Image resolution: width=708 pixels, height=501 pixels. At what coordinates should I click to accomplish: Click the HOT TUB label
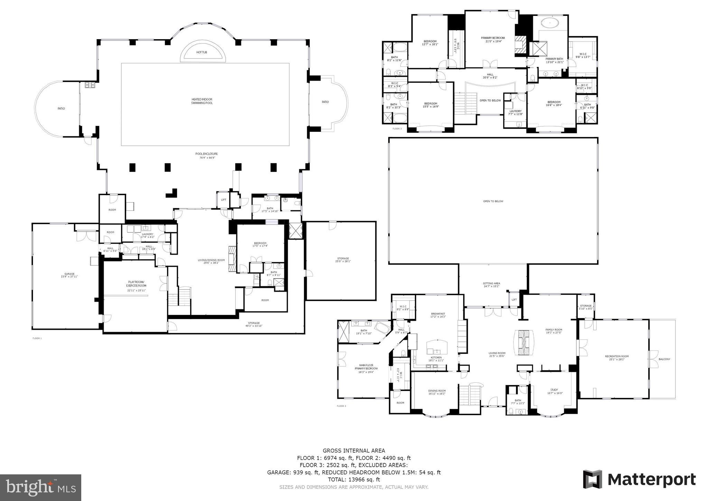202,52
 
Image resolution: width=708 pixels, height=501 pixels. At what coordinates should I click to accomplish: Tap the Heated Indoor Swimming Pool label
202,101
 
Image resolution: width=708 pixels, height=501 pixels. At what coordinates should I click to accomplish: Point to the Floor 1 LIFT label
223,200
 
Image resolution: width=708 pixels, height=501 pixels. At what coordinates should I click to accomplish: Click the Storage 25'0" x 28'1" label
343,260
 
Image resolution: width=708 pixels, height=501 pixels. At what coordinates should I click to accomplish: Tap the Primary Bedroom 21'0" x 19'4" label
493,39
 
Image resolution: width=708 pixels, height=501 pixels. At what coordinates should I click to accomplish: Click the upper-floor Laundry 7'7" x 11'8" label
515,112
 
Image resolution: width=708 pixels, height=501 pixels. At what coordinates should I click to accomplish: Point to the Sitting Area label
491,285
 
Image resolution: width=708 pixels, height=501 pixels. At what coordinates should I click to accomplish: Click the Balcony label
664,359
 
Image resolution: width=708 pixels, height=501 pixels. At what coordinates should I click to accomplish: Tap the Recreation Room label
616,358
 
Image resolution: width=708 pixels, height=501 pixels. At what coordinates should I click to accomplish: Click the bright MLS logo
40,488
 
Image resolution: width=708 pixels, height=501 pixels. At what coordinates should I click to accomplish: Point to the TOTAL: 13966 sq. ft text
354,480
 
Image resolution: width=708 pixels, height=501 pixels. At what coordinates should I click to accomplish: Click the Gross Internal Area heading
354,450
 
